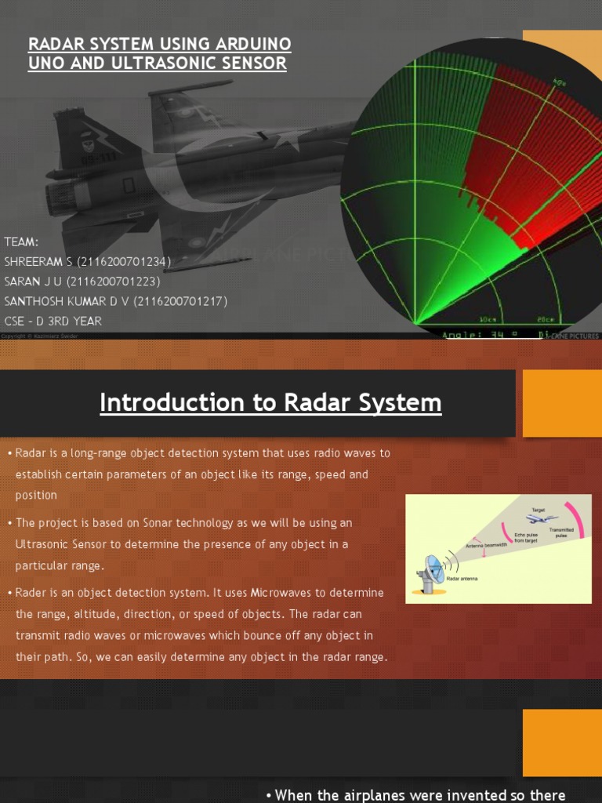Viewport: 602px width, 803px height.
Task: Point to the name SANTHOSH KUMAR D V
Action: [71, 301]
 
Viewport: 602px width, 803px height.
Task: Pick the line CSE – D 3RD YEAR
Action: [53, 321]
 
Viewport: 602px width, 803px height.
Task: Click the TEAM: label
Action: [21, 242]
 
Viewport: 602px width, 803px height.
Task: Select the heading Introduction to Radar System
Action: [270, 403]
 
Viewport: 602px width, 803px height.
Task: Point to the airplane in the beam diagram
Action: [542, 519]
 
